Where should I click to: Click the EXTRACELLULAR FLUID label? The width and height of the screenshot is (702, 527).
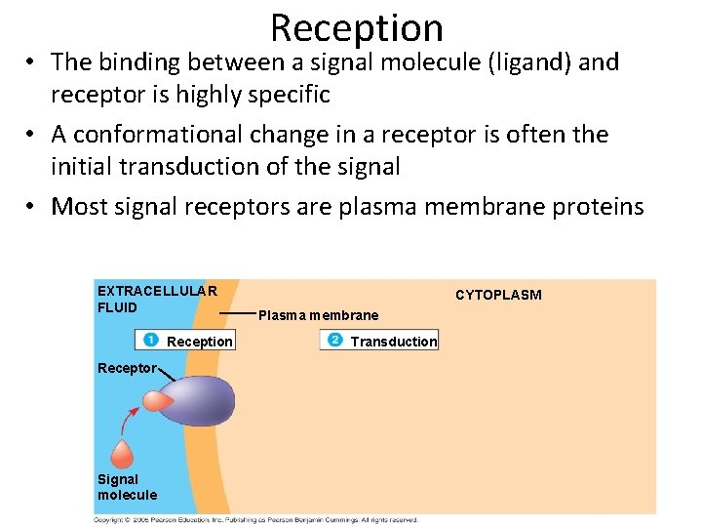coord(155,299)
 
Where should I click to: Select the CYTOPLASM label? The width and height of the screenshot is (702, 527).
coord(498,295)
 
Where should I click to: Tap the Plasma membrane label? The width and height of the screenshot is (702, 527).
coord(318,315)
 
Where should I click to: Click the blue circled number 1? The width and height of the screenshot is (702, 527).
coord(151,340)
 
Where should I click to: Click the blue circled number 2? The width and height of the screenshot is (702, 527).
coord(334,340)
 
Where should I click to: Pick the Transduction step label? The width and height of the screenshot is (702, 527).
coord(394,342)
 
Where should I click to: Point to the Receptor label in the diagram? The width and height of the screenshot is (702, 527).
coord(127,368)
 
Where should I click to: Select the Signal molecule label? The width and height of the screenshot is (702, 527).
coord(126,487)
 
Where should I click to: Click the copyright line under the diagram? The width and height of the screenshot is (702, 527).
coord(255,520)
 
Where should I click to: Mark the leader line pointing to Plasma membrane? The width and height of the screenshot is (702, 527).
coord(236,312)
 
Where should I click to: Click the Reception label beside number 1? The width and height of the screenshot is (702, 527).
coord(200,342)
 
